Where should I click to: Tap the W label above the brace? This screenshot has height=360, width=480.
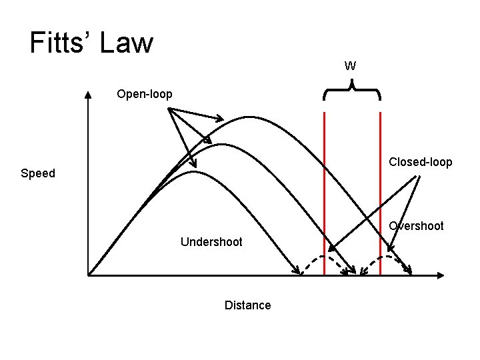click(x=350, y=66)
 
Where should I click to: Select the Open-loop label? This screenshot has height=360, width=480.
click(x=145, y=94)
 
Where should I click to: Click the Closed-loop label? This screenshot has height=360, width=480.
click(x=421, y=162)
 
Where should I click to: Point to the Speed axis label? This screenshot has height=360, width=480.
click(x=38, y=173)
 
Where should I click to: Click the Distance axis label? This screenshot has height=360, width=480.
click(x=248, y=305)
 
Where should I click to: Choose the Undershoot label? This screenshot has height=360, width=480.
click(x=211, y=241)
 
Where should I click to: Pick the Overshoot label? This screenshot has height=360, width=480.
click(x=417, y=226)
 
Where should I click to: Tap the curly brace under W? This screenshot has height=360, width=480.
click(x=352, y=91)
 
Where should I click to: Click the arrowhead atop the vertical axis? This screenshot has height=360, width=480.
click(x=89, y=94)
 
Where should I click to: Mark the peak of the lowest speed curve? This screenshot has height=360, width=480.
click(x=193, y=172)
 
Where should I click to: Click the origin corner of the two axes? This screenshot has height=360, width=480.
click(x=89, y=274)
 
